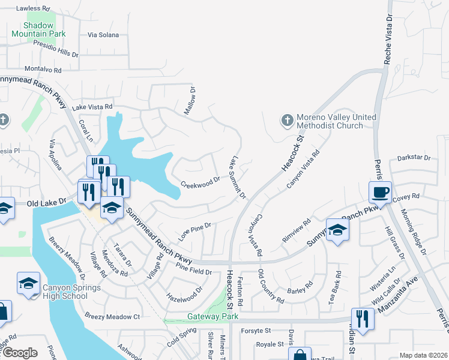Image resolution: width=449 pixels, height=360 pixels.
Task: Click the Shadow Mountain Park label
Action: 44,29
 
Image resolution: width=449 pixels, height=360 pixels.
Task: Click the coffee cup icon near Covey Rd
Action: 380,193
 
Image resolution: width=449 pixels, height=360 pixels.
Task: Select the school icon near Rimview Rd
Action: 337,230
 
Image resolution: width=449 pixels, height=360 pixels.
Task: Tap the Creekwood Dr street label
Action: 200,181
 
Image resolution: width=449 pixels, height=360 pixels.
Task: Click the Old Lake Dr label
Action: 46,204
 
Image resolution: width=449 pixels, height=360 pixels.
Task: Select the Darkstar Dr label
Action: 414,158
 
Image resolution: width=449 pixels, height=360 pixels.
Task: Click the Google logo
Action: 20,353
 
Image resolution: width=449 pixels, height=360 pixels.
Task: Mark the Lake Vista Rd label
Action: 92,107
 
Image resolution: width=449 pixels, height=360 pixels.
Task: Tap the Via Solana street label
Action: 103,35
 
